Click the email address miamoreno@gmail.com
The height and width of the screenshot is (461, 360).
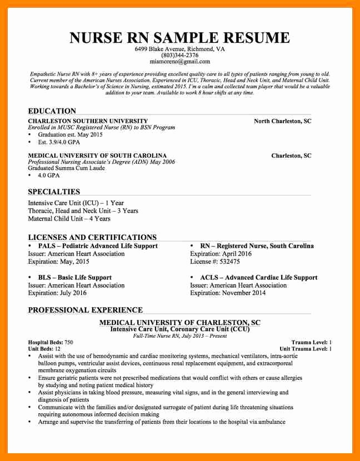pos(179,62)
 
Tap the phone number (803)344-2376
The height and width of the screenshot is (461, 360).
pos(179,56)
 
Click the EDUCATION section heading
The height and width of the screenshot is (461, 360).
pos(52,111)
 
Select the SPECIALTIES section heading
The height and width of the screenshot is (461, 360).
pos(54,192)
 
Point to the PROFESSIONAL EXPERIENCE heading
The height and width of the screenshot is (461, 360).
pos(85,310)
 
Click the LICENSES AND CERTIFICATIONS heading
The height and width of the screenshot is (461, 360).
pos(92,237)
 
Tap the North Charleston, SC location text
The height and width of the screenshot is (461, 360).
pos(282,121)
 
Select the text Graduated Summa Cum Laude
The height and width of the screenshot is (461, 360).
pos(66,168)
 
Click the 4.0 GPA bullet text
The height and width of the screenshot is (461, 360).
pos(48,176)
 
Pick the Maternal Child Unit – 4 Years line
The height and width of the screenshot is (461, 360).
pos(69,219)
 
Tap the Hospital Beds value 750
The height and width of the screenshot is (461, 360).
pos(68,342)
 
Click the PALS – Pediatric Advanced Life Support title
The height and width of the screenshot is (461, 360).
pos(97,246)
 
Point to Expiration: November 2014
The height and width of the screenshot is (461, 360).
pos(228,293)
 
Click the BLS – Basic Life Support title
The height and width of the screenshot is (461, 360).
pos(74,278)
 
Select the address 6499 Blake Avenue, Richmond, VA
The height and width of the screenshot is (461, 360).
pos(179,49)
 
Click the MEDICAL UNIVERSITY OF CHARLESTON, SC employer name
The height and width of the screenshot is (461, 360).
pos(179,323)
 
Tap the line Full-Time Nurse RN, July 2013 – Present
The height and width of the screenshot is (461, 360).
pos(179,336)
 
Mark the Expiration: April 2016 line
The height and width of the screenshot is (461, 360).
pos(221,254)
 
